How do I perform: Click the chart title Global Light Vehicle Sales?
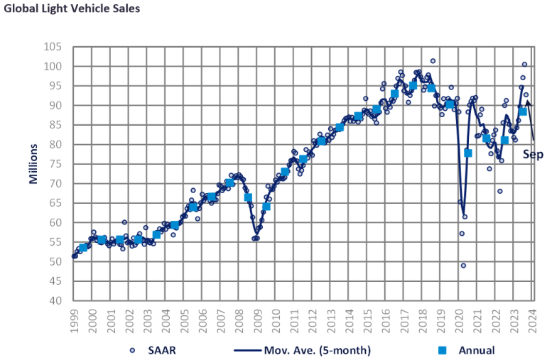pos(70,9)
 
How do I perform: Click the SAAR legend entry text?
pos(161,349)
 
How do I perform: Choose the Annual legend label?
pos(477,349)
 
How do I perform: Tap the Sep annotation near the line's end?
pos(533,154)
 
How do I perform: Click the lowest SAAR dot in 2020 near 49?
pos(463,266)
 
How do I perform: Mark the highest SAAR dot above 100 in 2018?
pos(433,61)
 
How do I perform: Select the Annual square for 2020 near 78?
pos(468,153)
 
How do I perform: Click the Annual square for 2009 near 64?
pos(266,207)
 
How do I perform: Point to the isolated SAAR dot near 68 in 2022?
pos(499,191)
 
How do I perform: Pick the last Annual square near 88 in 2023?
pos(522,111)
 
